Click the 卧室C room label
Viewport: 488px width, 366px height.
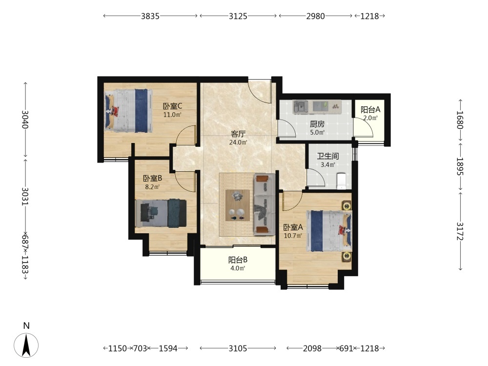[x=172, y=106]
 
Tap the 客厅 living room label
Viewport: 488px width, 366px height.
[x=238, y=134]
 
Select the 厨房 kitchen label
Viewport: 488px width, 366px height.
[x=317, y=124]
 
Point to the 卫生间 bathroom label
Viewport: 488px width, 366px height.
[x=328, y=156]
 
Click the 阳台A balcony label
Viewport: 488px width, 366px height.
[x=370, y=109]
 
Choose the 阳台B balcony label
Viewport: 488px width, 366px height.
[x=238, y=260]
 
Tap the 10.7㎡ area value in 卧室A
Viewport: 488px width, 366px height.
[x=293, y=236]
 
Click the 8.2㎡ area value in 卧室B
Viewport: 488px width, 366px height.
[x=152, y=187]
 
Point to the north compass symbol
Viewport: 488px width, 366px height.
[x=26, y=345]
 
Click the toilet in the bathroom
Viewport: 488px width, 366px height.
[x=342, y=181]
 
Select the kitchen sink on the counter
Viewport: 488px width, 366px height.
[x=300, y=107]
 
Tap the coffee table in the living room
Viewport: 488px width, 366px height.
[x=238, y=205]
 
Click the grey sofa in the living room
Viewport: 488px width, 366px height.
[x=264, y=204]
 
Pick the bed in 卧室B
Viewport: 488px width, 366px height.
[x=161, y=213]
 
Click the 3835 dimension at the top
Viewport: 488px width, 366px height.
[x=150, y=16]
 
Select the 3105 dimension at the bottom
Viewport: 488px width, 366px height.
[x=238, y=348]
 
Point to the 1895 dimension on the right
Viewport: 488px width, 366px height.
[x=460, y=166]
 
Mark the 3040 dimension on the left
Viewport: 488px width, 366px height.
[x=25, y=120]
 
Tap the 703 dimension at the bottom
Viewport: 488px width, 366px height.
[x=140, y=348]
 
